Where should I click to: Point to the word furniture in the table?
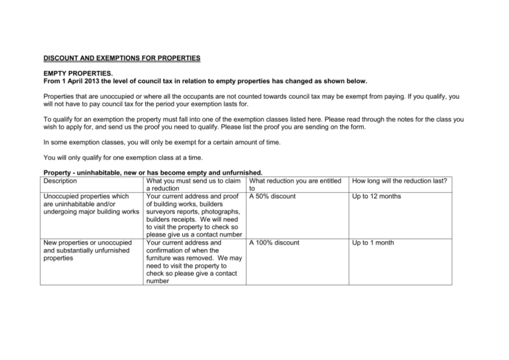pos(160,261)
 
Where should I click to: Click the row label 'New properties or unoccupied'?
pos(88,243)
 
